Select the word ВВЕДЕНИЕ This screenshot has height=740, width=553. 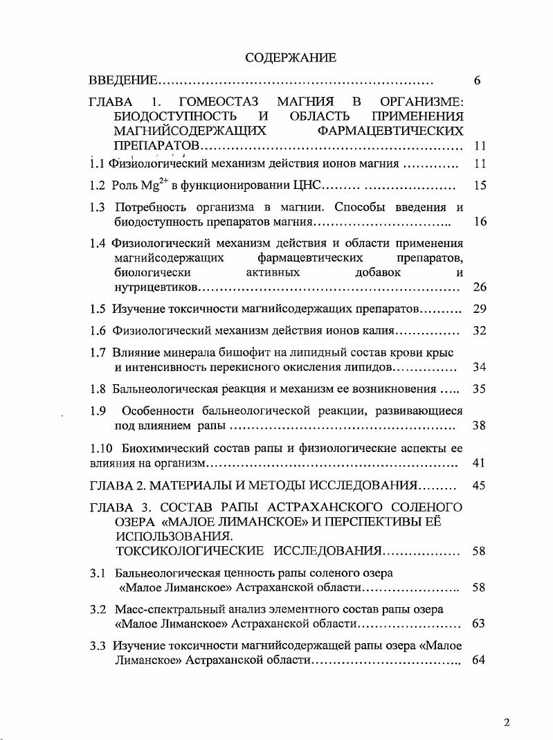coord(124,81)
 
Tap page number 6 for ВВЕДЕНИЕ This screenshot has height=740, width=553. coord(478,81)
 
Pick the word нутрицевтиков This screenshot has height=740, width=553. coord(156,287)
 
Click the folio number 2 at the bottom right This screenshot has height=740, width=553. coord(507,723)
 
